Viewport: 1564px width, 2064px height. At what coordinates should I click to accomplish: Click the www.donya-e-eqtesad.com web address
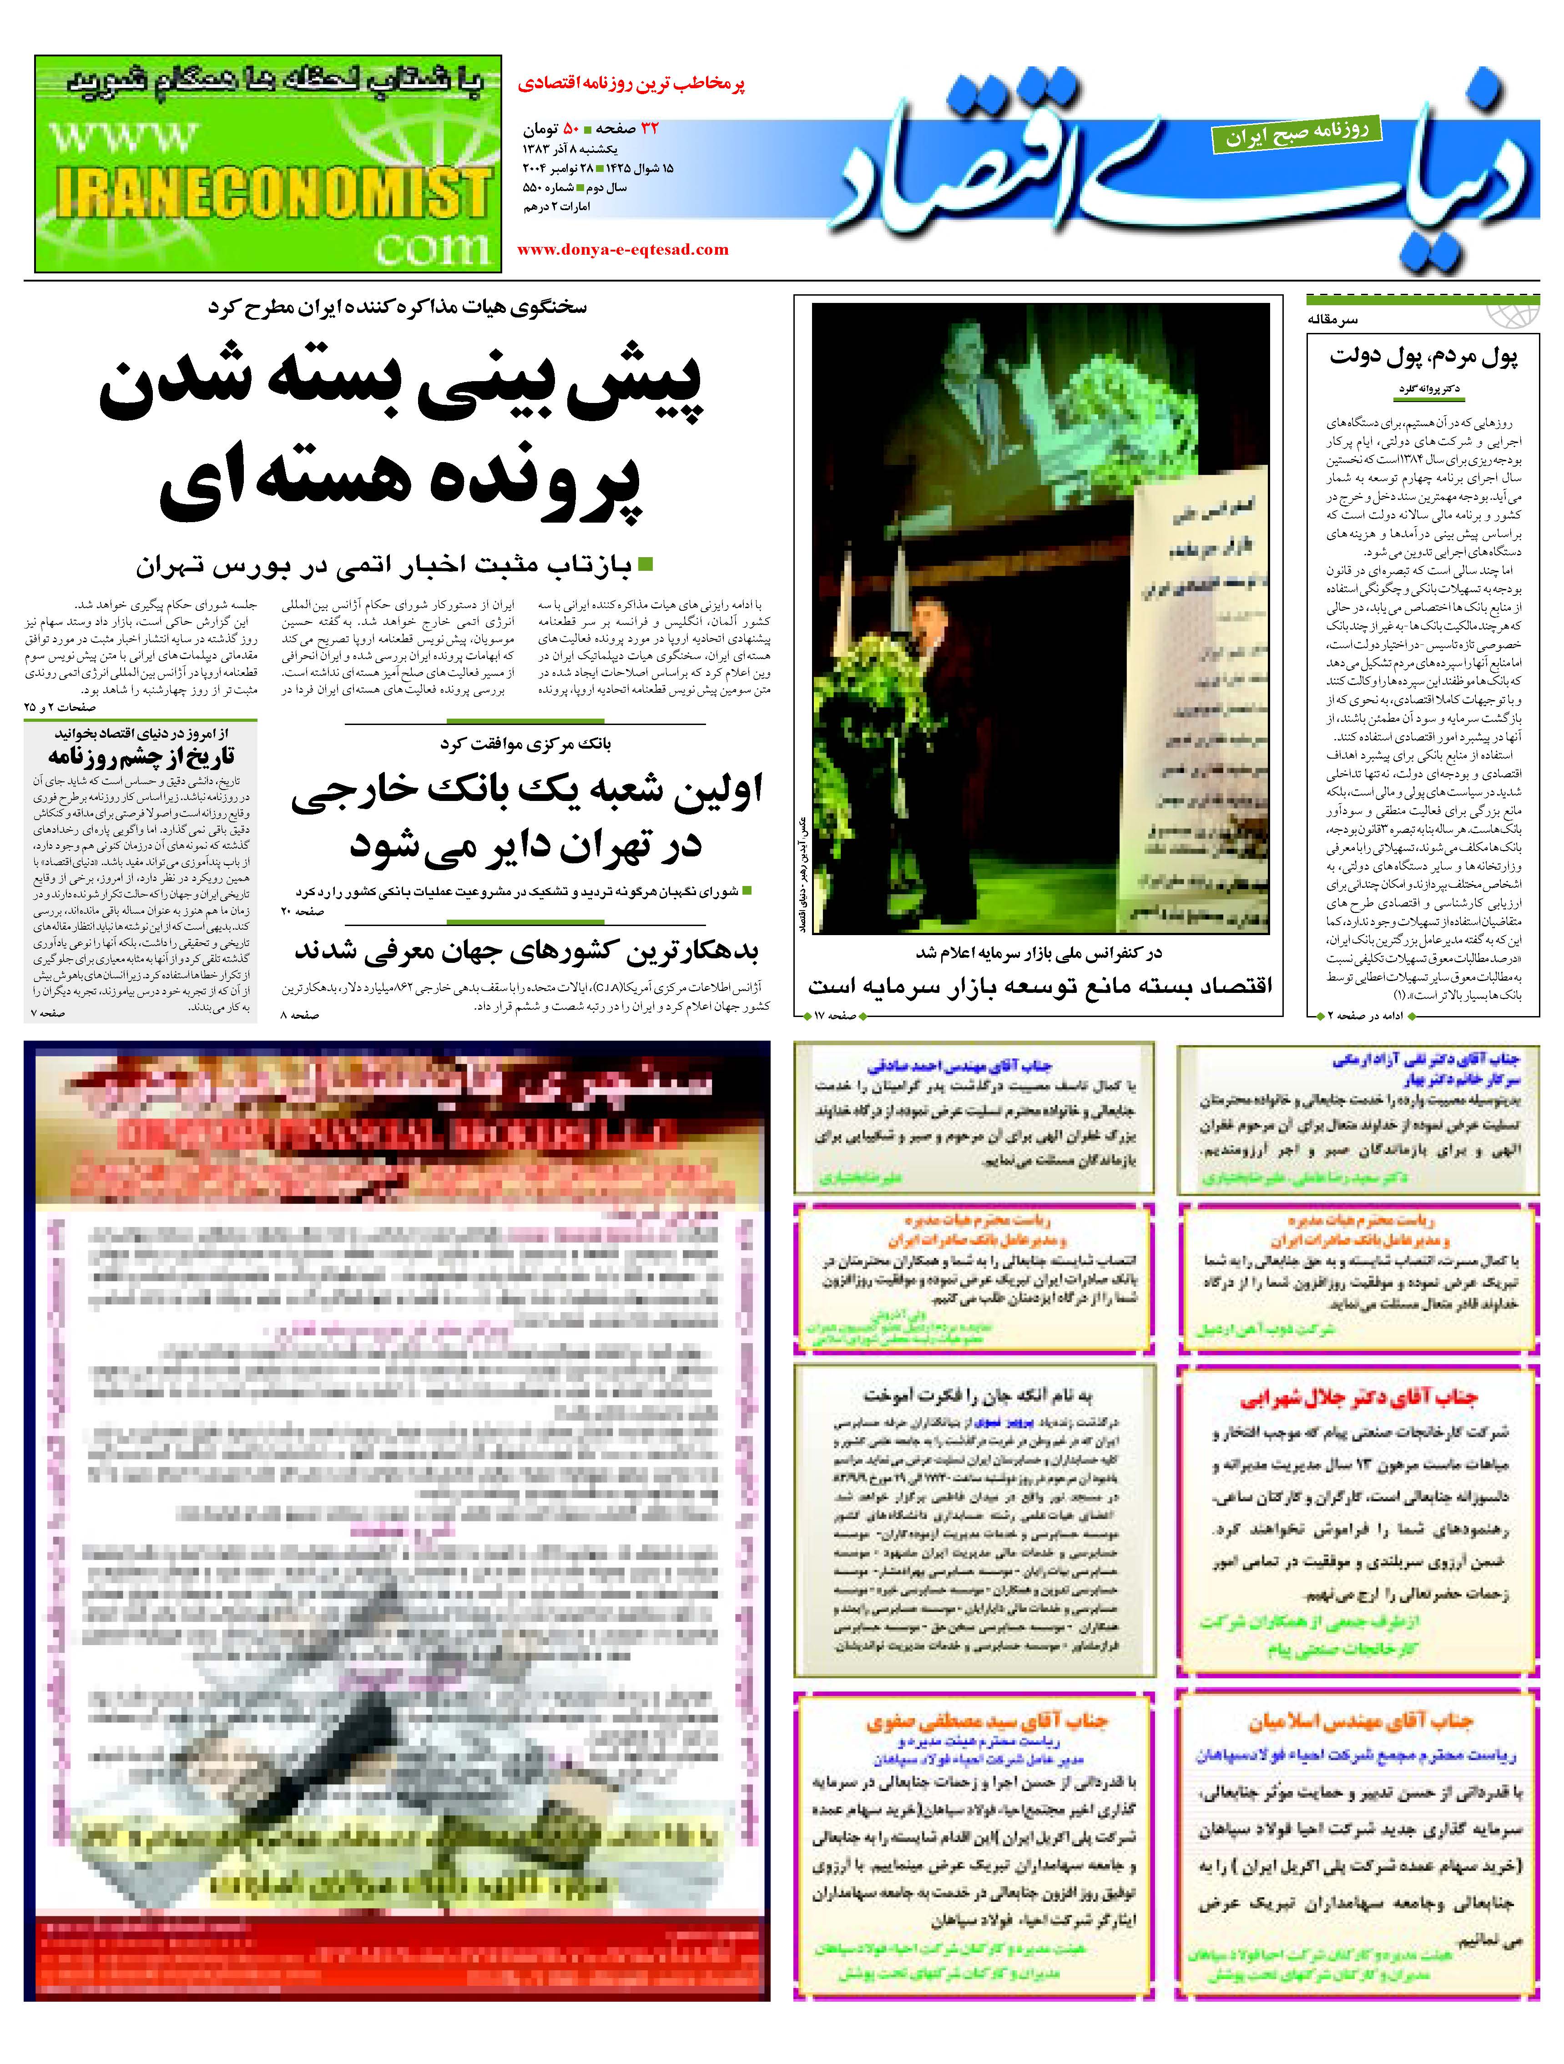[622, 249]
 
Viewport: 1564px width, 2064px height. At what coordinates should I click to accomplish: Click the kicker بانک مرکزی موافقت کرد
[525, 744]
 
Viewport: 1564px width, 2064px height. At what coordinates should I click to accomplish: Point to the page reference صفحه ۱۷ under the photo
[835, 1014]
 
